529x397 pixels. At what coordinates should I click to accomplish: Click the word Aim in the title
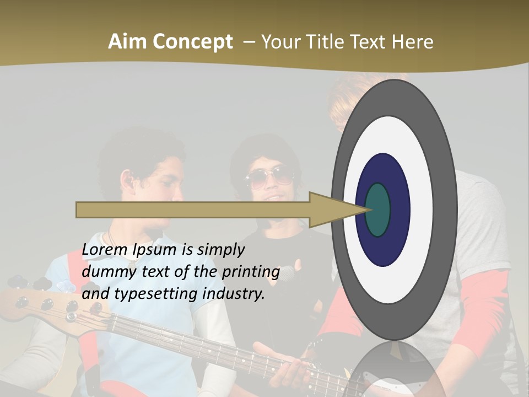[x=127, y=42]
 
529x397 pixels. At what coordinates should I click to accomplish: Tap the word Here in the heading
[x=413, y=42]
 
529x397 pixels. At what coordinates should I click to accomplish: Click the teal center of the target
[x=377, y=210]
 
